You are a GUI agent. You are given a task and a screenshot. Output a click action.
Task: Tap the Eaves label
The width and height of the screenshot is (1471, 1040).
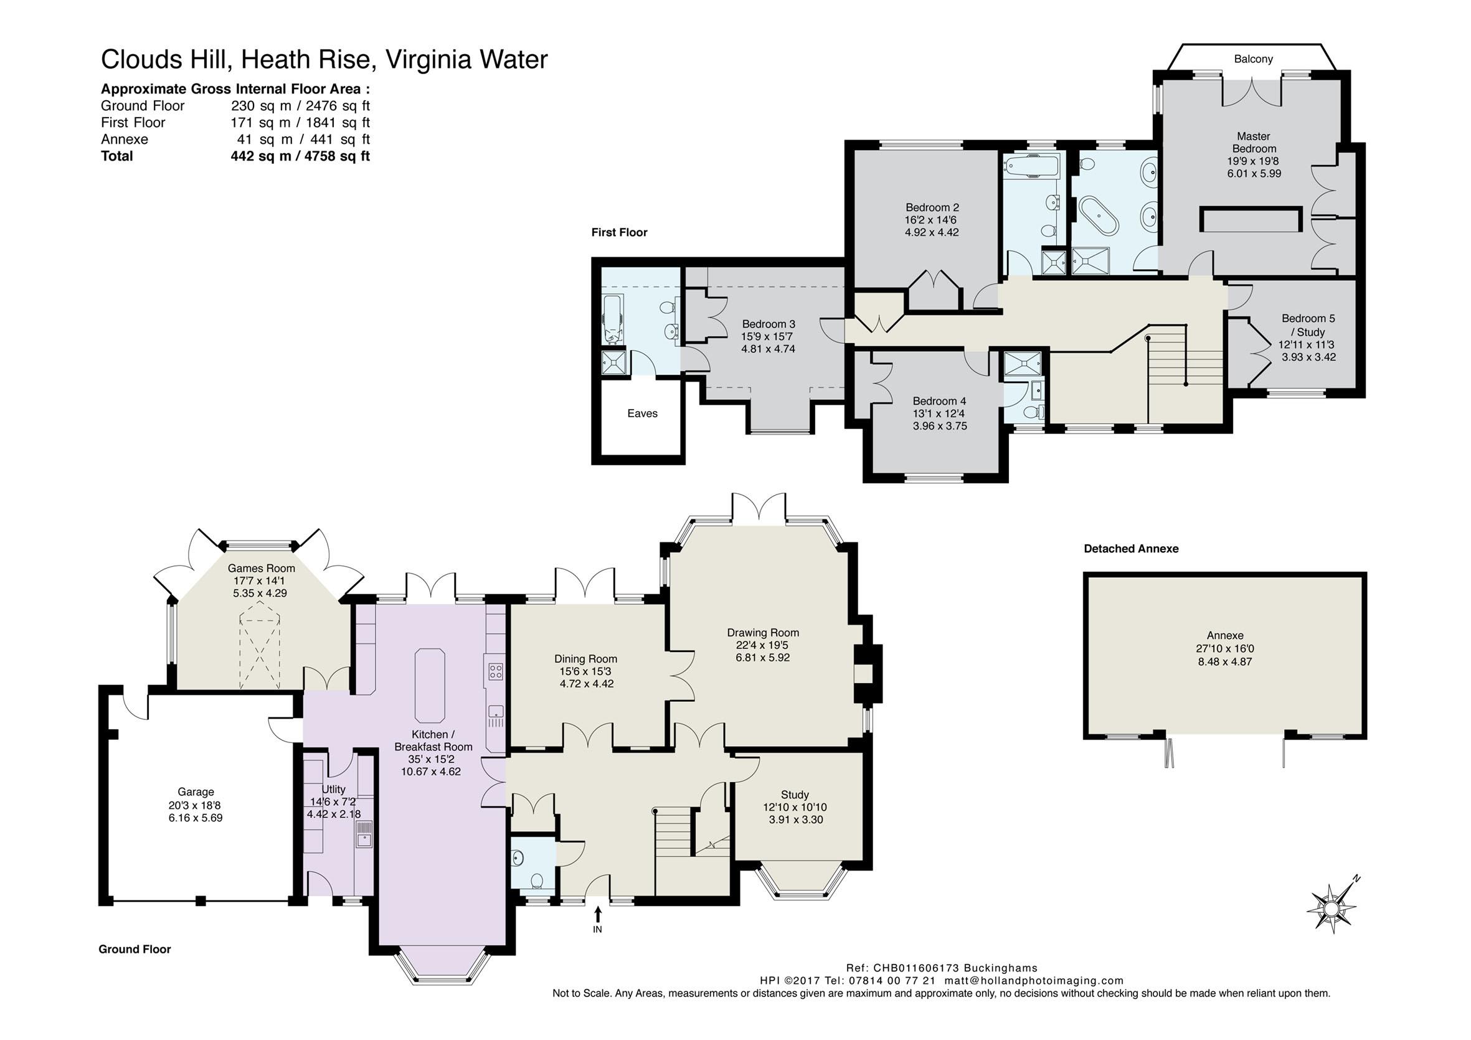coord(642,414)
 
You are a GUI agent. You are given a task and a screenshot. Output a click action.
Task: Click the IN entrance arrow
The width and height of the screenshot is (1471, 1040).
coord(598,912)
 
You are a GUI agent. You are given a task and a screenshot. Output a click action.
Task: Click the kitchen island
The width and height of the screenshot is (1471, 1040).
coord(430,685)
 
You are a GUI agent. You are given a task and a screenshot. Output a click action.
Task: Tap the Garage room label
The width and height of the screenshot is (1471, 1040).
coord(196,792)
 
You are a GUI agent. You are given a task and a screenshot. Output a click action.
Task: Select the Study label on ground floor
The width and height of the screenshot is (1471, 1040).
coord(795,795)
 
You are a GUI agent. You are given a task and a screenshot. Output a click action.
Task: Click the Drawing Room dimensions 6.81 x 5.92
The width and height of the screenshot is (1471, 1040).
coord(762,658)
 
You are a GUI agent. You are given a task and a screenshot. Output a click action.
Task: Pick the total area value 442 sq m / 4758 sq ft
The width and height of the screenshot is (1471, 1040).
coord(300,156)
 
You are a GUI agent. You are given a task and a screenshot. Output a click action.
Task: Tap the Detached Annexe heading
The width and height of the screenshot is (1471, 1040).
coord(1131,549)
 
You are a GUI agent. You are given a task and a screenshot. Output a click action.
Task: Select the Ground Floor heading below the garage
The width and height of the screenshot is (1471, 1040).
coord(135,949)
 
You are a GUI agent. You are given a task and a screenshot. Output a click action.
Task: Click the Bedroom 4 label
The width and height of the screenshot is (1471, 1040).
coord(939,401)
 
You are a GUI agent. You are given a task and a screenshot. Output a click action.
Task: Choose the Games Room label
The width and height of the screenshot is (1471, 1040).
coord(262,569)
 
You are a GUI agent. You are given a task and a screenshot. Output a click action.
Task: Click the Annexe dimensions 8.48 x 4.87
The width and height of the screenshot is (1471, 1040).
coord(1225,661)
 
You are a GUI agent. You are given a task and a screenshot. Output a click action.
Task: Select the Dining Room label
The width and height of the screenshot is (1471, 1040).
coord(585,659)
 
